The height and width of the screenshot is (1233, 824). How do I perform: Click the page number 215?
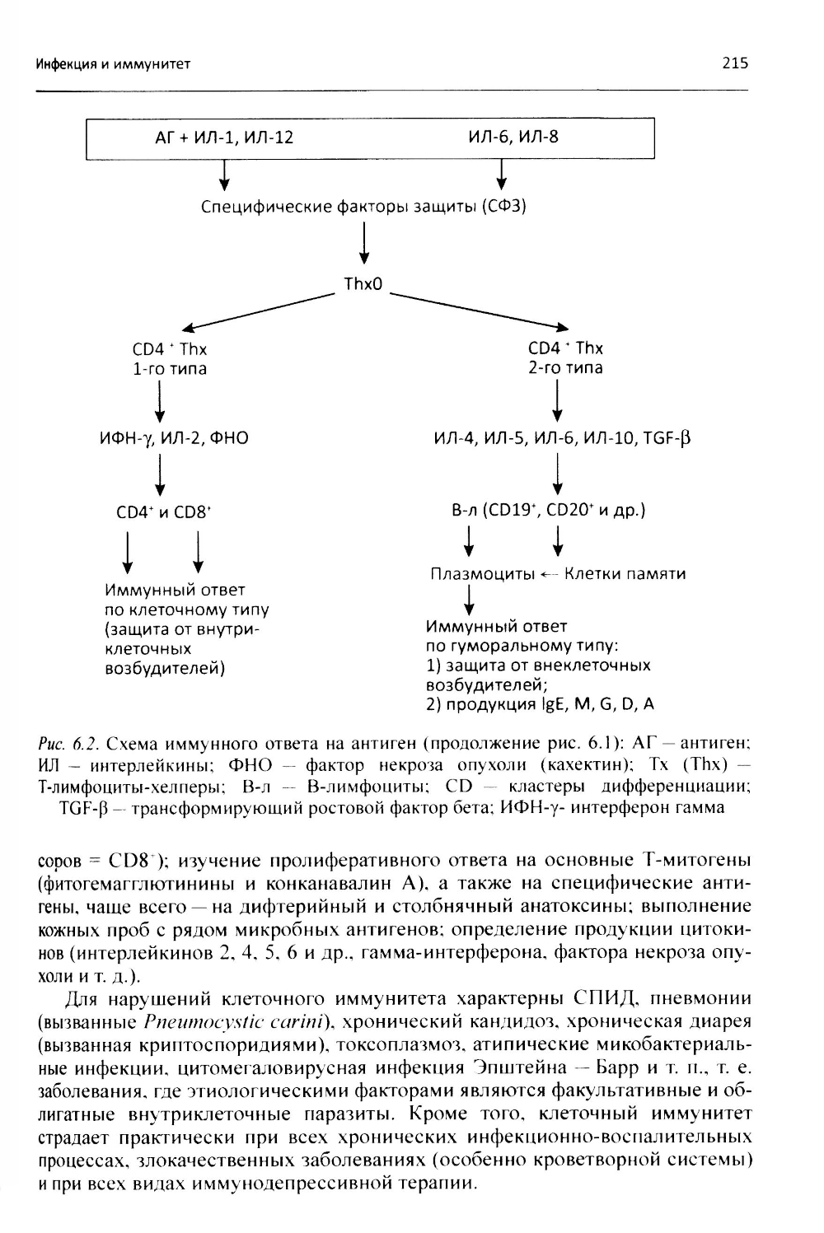click(734, 63)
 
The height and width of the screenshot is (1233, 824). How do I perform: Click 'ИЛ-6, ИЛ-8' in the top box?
click(511, 137)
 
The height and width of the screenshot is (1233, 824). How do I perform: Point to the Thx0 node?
click(363, 286)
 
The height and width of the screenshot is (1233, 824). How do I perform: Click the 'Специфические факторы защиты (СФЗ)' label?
click(363, 206)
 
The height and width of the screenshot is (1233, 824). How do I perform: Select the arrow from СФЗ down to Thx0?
click(363, 245)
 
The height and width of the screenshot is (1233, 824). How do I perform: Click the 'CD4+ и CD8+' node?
click(166, 511)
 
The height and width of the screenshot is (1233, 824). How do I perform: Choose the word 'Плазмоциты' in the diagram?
click(482, 573)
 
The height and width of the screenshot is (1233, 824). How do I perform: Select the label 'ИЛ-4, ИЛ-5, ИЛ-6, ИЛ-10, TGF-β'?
click(563, 438)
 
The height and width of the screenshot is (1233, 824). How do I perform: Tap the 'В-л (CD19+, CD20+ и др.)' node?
click(549, 510)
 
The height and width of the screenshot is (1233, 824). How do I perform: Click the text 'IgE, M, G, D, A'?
click(610, 703)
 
